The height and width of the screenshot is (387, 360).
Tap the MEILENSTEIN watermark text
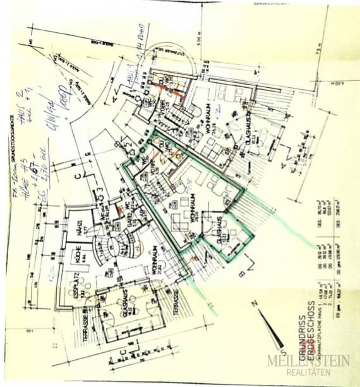point(309,360)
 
